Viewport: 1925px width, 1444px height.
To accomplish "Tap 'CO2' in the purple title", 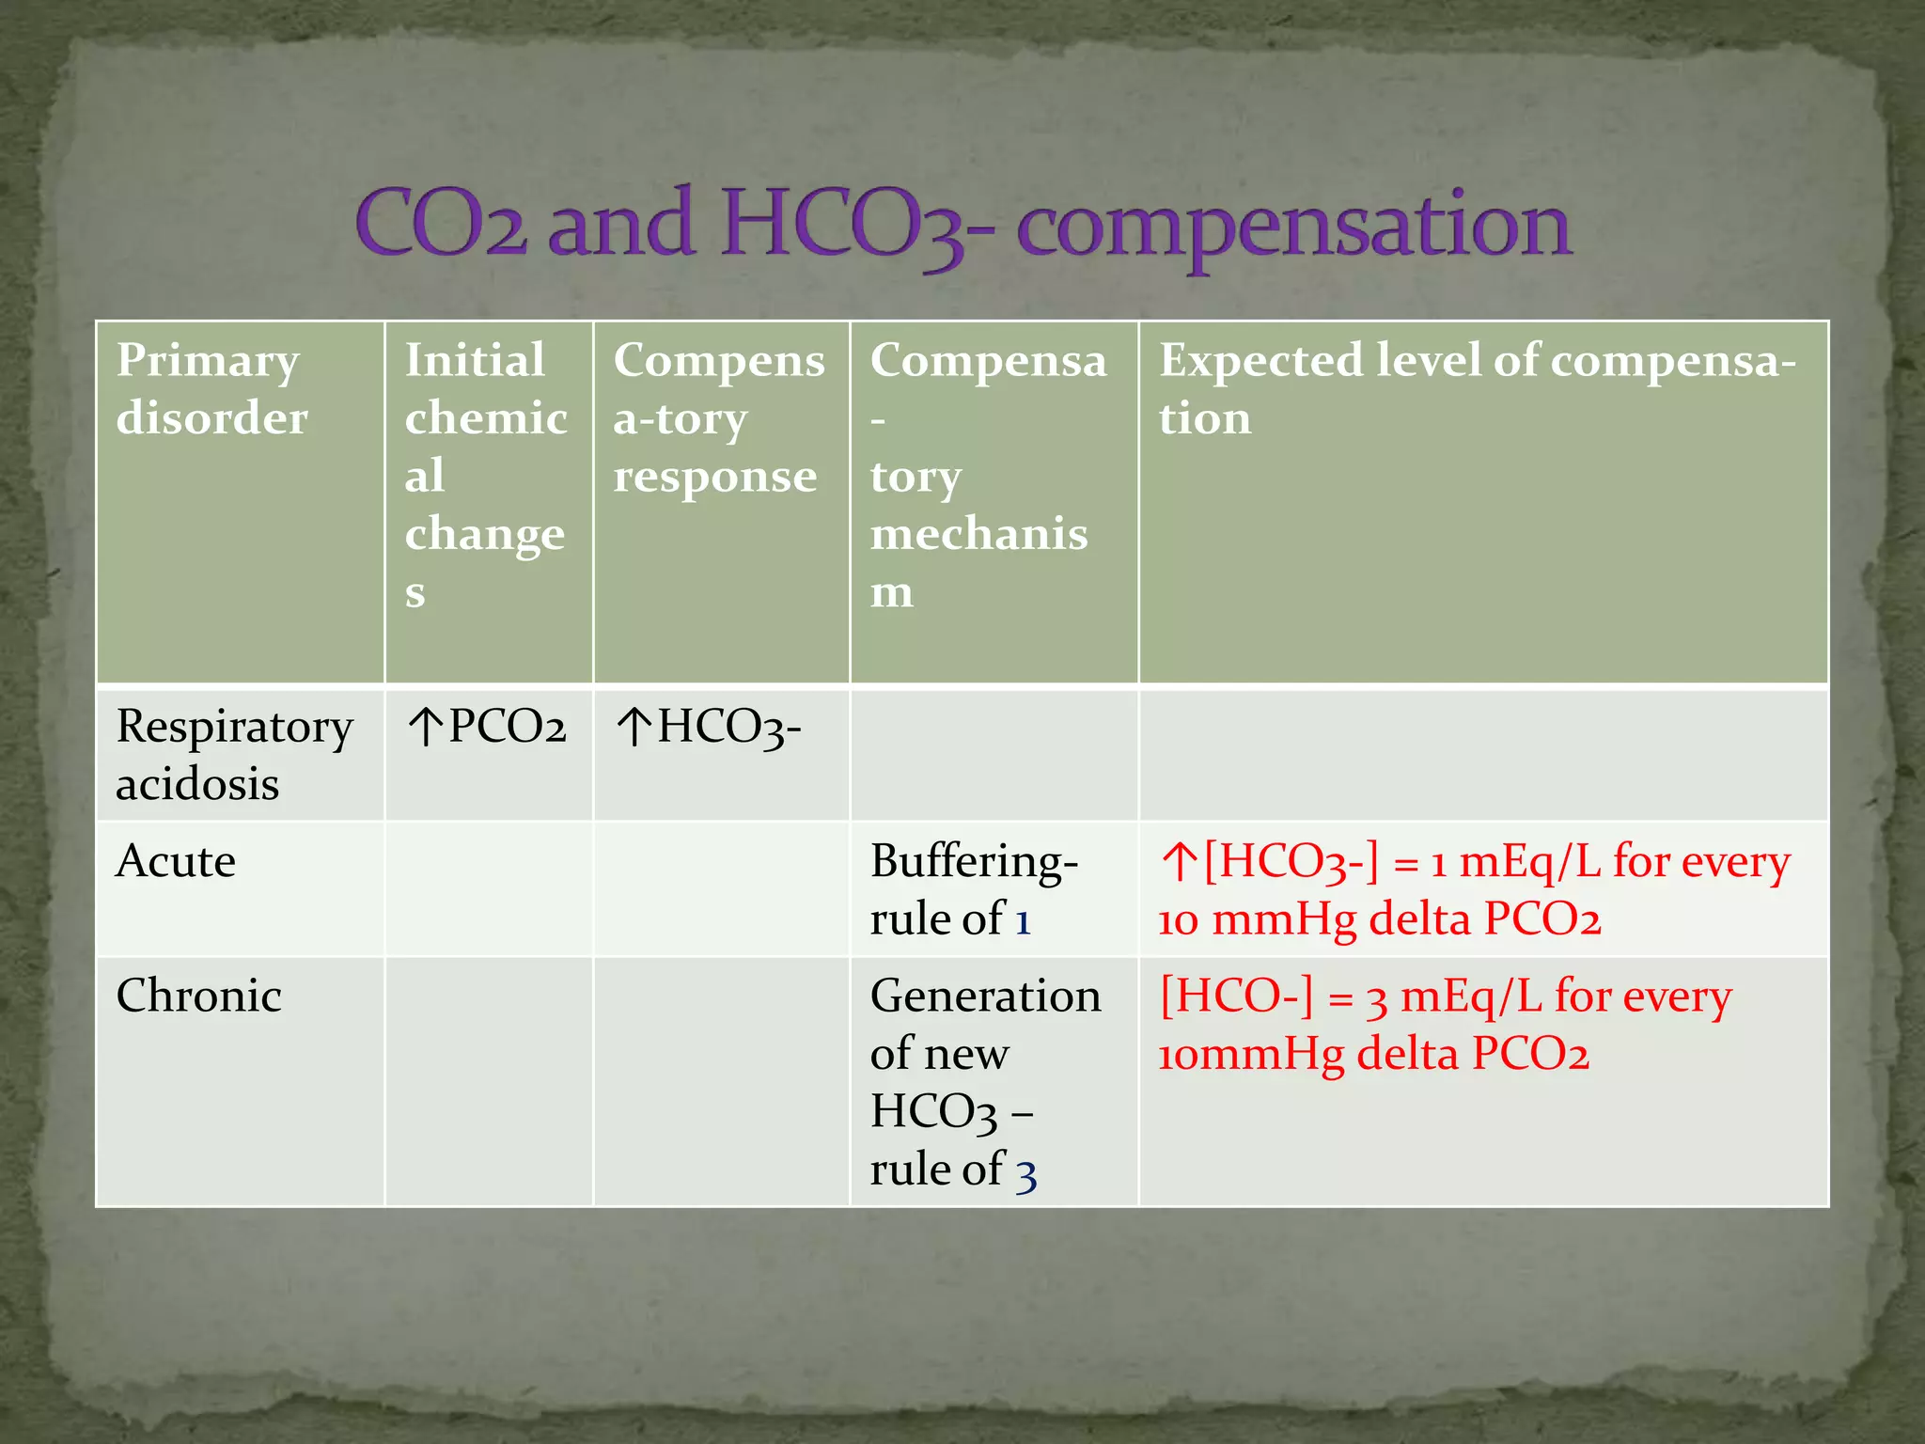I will coord(441,226).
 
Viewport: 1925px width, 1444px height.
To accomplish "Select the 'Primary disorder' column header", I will coord(211,388).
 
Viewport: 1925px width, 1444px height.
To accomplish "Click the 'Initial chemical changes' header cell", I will coord(486,475).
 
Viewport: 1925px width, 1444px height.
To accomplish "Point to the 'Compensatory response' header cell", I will coord(719,417).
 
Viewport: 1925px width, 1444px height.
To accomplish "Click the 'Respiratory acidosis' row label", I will coord(234,755).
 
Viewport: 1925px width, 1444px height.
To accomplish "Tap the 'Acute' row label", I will coord(176,861).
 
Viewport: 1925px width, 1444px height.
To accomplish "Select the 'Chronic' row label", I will coord(198,996).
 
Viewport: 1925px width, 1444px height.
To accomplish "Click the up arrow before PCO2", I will coord(426,728).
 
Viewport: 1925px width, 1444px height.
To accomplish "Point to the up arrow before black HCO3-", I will coord(634,728).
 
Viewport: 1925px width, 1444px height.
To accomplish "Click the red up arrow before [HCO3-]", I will coord(1178,862).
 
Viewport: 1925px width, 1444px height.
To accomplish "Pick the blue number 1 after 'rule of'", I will coord(1024,920).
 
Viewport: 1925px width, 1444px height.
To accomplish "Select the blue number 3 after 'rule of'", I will coord(1026,1173).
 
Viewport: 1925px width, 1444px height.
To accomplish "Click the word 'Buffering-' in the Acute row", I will coord(974,862).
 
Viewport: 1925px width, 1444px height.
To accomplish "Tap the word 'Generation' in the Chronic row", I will coord(985,997).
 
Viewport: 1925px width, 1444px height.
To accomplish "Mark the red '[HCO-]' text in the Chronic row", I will coord(1236,997).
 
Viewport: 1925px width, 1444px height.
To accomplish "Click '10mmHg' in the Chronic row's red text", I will coord(1251,1055).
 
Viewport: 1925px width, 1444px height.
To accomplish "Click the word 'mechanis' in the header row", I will coord(978,534).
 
